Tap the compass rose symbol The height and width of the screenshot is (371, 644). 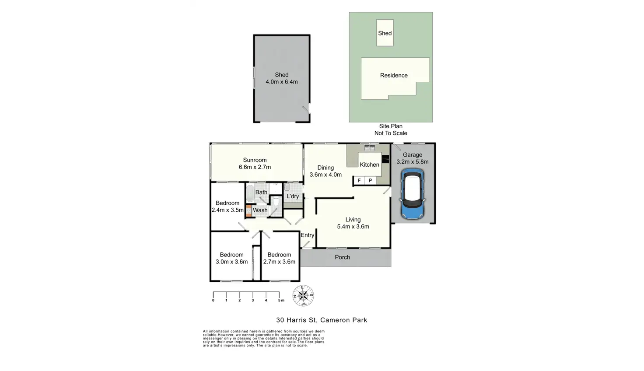coord(303,295)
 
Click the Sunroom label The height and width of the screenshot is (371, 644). coord(255,160)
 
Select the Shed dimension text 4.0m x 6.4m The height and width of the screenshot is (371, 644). coord(281,82)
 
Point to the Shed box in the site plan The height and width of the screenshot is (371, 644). coord(385,33)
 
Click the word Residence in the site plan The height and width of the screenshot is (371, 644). coord(394,75)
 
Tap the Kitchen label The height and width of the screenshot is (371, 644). coord(369,165)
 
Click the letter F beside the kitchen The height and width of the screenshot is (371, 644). coord(359,181)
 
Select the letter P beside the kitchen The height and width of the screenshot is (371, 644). coord(370,181)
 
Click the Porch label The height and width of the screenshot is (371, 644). coord(342,257)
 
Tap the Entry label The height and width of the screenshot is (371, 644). coord(307,235)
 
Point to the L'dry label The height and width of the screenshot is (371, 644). coord(293,196)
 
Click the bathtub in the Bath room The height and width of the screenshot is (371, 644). coord(250,193)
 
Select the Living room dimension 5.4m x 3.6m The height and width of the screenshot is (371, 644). coord(353,227)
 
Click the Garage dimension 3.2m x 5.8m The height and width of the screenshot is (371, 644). coord(413,162)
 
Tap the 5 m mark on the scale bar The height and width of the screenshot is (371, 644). coord(280,300)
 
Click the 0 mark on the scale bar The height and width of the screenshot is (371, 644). coord(213,300)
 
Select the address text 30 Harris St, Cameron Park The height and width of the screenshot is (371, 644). coord(322,320)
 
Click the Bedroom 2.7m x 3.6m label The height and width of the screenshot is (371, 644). coord(279,258)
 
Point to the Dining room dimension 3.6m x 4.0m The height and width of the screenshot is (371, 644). coord(325,175)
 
